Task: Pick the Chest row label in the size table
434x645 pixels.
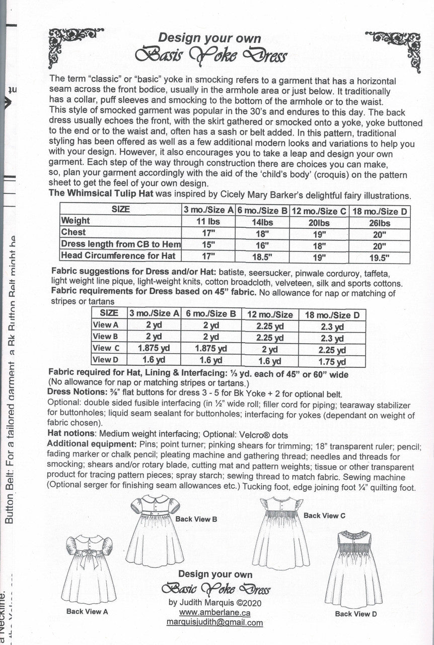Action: (74, 232)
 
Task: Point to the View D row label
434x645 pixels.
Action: (105, 360)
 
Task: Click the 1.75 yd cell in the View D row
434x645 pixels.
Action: (333, 361)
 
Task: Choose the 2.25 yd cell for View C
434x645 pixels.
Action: (333, 350)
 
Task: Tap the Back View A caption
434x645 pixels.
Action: (87, 612)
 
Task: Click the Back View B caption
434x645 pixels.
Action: (196, 519)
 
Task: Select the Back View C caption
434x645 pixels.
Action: (324, 515)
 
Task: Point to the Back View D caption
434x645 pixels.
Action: (355, 614)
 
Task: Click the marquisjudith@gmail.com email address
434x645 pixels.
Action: (214, 622)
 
